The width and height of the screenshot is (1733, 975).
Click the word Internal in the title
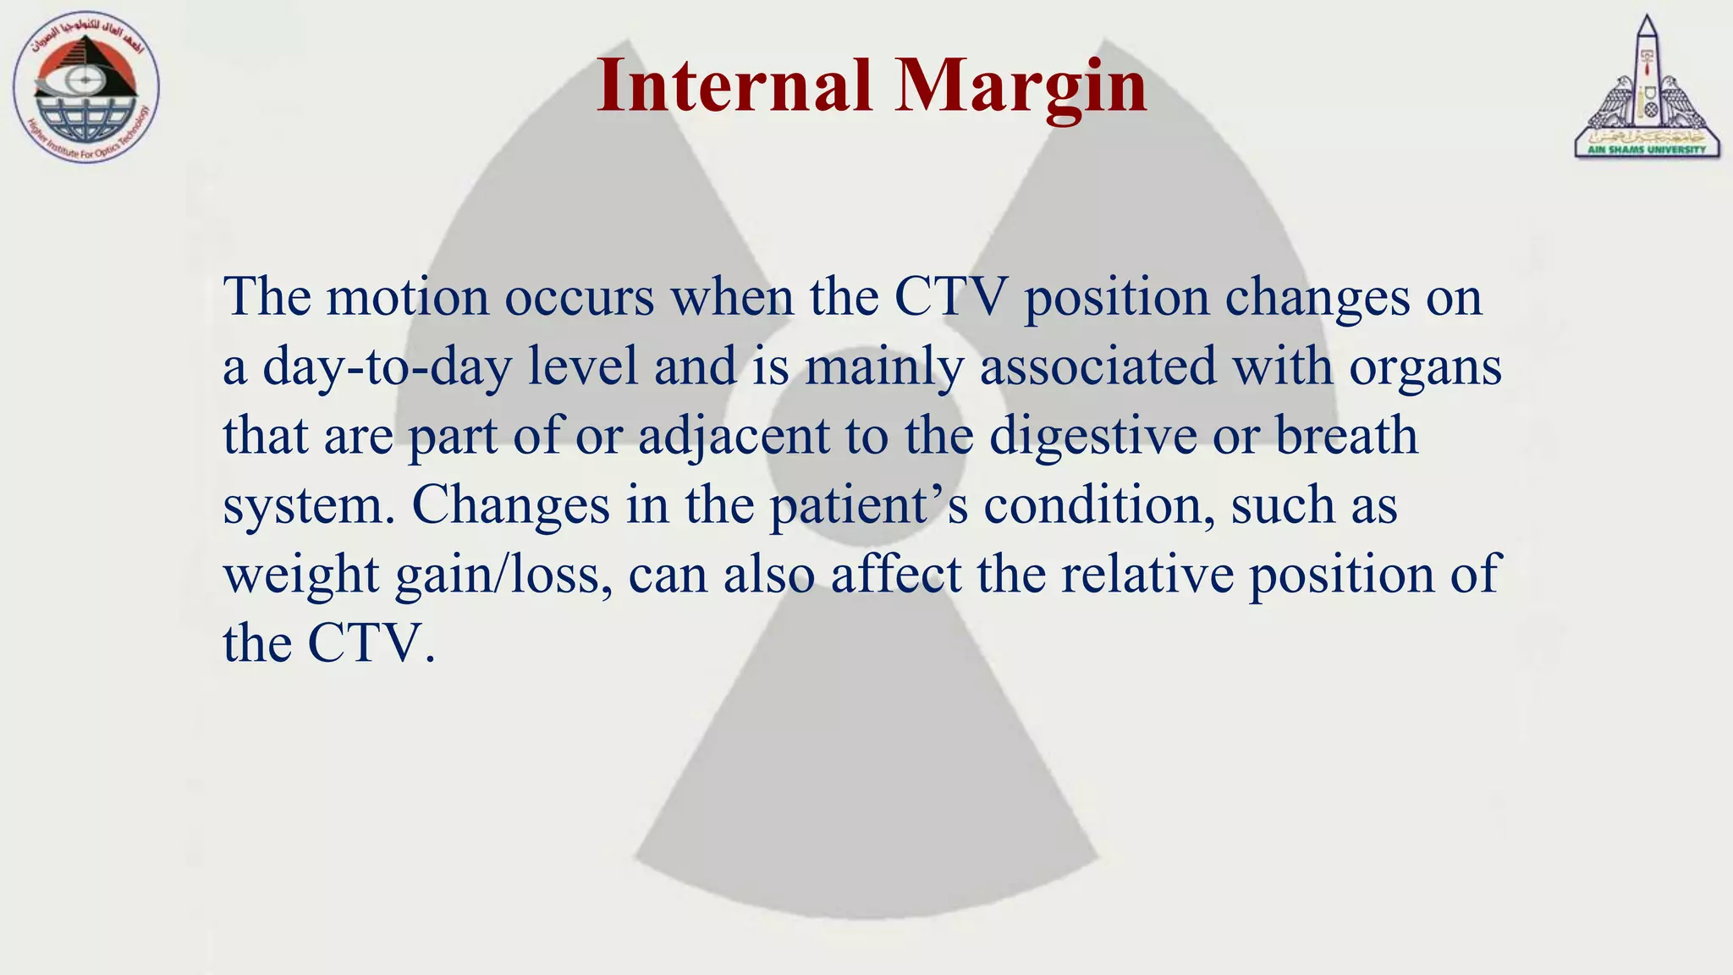tap(734, 85)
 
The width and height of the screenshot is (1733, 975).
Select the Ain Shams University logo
tap(1647, 89)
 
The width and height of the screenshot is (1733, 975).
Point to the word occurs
tap(580, 297)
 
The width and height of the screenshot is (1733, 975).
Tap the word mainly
tap(884, 367)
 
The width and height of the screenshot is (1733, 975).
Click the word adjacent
tap(733, 437)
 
